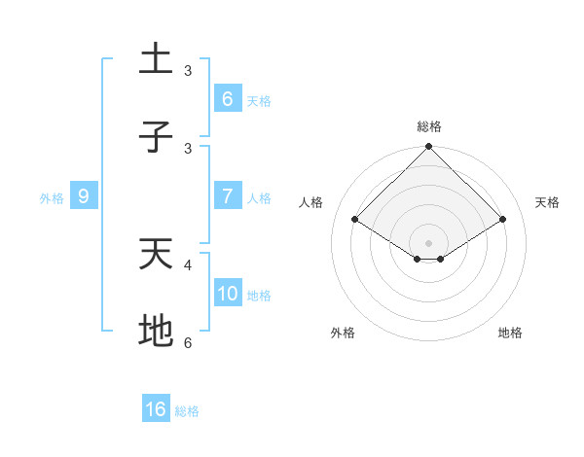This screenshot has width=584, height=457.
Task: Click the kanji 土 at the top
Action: coord(156,59)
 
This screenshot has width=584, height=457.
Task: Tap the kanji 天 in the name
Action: coord(156,254)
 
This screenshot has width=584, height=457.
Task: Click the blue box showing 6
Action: coord(227,98)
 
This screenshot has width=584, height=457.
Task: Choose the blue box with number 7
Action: coord(227,196)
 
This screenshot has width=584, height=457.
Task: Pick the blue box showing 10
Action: coord(227,294)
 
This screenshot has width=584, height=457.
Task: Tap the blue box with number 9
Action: coord(85,196)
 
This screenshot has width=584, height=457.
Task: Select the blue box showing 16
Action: coord(156,409)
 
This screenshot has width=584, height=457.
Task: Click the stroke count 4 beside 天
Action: coord(188,264)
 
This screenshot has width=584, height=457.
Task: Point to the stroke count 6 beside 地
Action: coord(188,342)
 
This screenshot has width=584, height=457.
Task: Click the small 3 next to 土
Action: coord(188,70)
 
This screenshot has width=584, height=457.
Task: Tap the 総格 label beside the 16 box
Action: coord(187,411)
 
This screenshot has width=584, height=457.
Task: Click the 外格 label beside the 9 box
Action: coord(52,197)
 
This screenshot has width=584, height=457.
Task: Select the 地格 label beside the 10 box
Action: coord(259,295)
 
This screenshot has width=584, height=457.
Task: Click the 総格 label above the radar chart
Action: coord(429,126)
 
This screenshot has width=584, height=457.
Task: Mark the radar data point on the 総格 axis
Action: coord(429,148)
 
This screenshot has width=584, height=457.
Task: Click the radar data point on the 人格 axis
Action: coord(355,220)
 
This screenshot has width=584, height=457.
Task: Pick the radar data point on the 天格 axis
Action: coord(503,220)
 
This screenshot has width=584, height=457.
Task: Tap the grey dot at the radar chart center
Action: coord(429,242)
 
